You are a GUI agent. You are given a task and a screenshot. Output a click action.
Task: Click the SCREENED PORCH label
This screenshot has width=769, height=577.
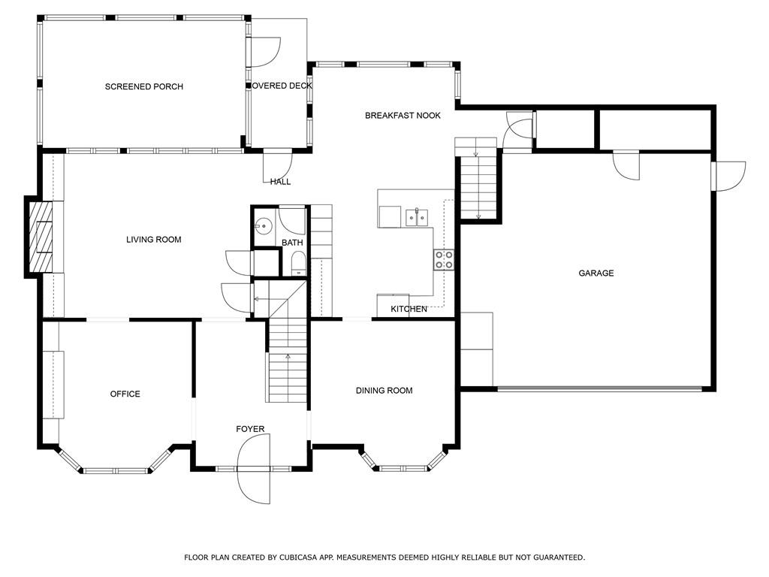pyautogui.click(x=143, y=87)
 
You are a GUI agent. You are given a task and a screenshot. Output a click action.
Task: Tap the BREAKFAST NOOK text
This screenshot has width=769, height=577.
pyautogui.click(x=403, y=116)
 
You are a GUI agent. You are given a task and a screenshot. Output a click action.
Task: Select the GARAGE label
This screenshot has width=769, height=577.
pyautogui.click(x=596, y=273)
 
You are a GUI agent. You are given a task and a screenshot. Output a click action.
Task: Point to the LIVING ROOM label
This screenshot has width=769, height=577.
pyautogui.click(x=153, y=240)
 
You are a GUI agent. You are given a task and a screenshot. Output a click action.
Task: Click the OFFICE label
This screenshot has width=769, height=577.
pyautogui.click(x=125, y=394)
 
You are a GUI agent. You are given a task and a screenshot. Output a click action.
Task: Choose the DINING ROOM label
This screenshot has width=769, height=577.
pyautogui.click(x=384, y=391)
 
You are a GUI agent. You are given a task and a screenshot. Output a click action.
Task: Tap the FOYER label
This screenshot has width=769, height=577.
pyautogui.click(x=250, y=430)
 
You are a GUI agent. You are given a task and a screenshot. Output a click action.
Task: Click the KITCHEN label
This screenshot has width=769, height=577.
pyautogui.click(x=409, y=310)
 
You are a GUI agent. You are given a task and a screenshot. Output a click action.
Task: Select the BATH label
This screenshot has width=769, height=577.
pyautogui.click(x=292, y=243)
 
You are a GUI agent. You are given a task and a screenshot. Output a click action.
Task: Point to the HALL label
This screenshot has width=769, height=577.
pyautogui.click(x=280, y=182)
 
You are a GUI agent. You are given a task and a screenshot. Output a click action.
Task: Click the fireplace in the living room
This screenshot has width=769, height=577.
pyautogui.click(x=41, y=237)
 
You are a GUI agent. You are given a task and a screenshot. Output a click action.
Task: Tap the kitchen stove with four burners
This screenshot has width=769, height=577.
pyautogui.click(x=443, y=260)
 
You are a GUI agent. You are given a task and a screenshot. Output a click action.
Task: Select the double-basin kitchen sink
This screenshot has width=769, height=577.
pyautogui.click(x=417, y=218)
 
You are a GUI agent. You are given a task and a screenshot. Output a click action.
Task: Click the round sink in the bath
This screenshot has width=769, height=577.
pyautogui.click(x=263, y=225)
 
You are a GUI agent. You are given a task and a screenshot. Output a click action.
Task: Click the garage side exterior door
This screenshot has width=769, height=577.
pyautogui.click(x=727, y=176)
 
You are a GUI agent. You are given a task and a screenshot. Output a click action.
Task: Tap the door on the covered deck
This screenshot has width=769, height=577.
pyautogui.click(x=264, y=51)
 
